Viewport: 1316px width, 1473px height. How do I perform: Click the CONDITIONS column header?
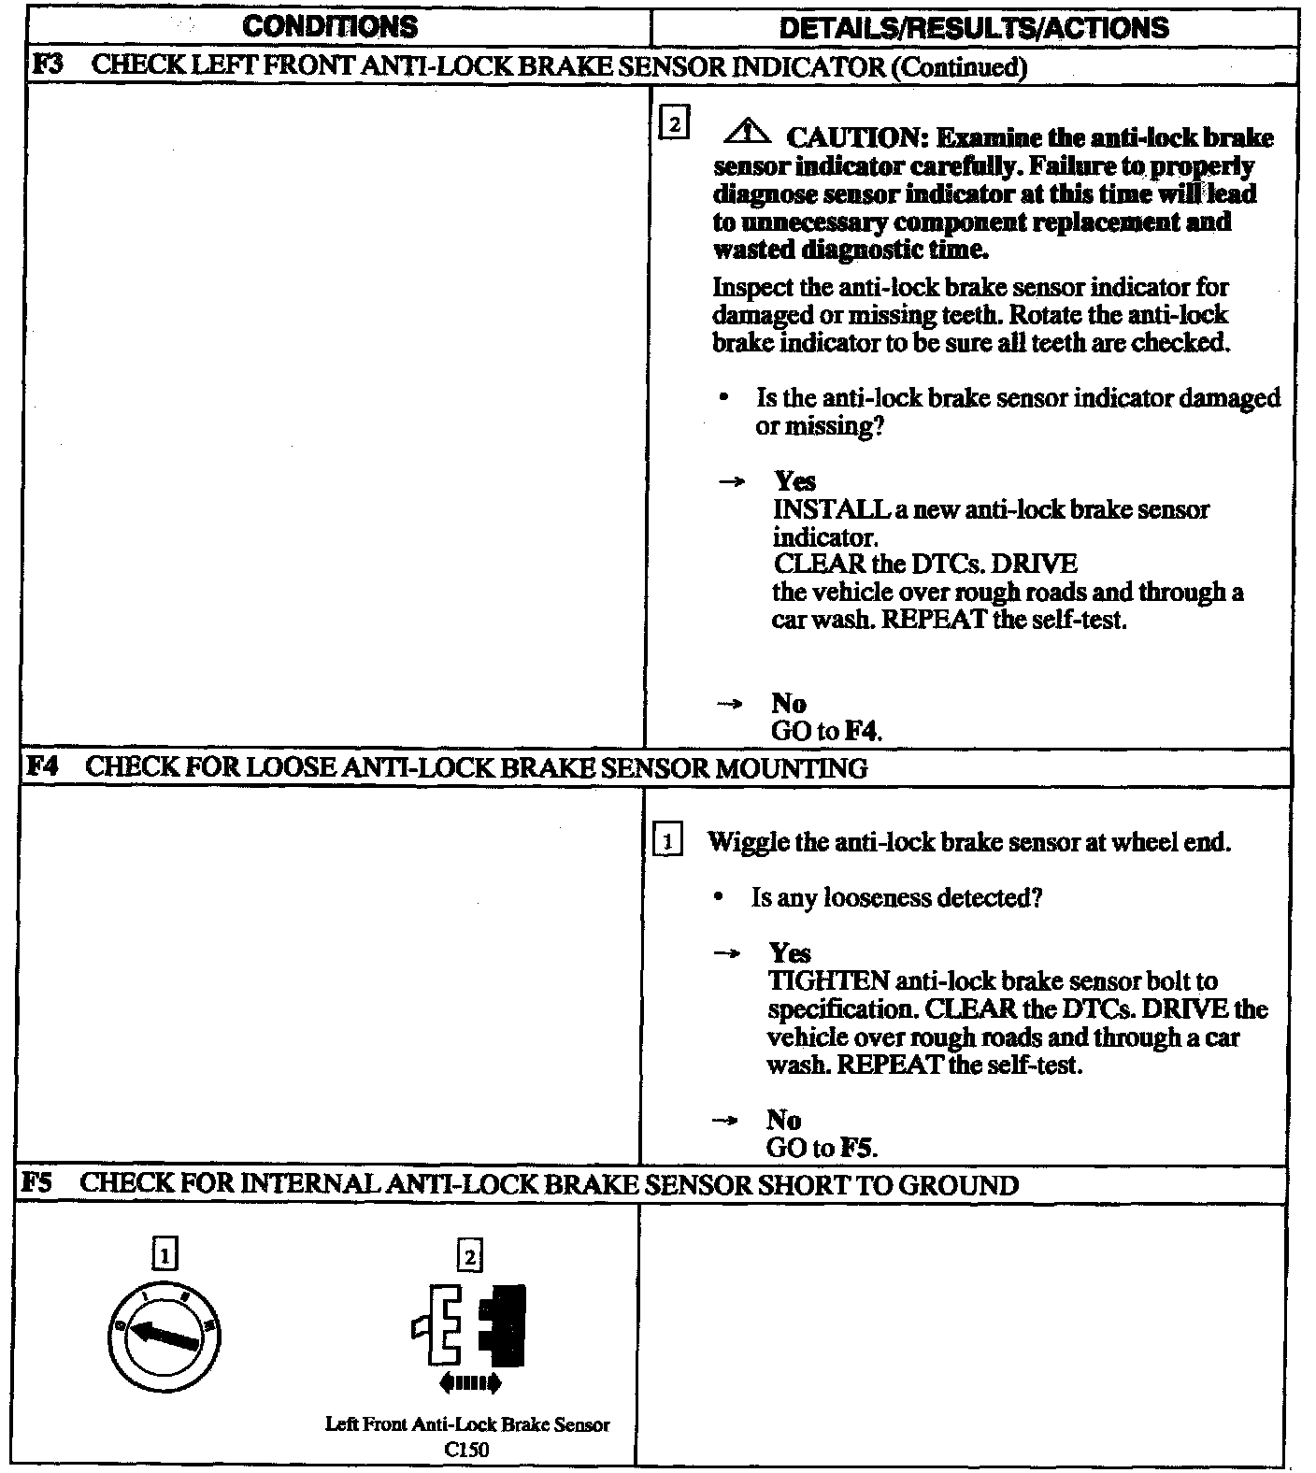point(330,26)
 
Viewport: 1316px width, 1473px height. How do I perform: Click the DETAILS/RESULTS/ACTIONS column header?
point(973,27)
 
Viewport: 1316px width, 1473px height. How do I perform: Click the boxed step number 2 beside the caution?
point(675,124)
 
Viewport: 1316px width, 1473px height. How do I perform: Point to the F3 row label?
point(46,66)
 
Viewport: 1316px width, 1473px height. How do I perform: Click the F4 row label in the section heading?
point(43,768)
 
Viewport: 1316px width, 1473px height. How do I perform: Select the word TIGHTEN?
point(828,981)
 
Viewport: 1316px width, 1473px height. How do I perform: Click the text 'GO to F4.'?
point(827,731)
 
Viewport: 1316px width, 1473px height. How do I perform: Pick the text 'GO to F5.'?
point(822,1148)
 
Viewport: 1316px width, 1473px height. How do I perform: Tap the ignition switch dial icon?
point(165,1335)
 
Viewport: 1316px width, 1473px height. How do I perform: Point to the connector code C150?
point(466,1450)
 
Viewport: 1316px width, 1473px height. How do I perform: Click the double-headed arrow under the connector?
point(469,1382)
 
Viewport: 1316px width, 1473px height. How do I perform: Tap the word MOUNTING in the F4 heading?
point(791,768)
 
